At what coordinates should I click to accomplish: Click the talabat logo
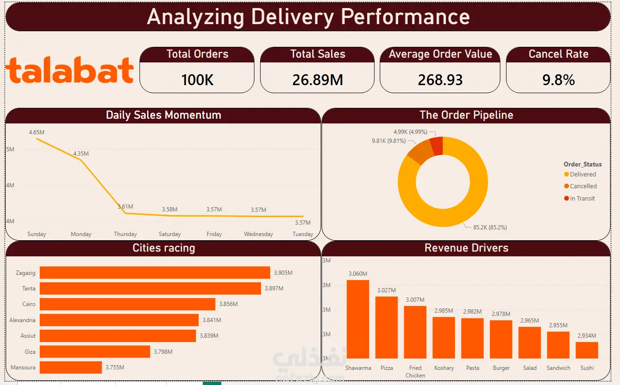(70, 70)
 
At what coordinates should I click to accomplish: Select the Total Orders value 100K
(197, 80)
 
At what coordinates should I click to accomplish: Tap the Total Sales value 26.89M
(318, 80)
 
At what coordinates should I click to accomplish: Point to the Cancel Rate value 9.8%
(559, 80)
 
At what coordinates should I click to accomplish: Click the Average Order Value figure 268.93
(440, 80)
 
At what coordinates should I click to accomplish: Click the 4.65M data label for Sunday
(36, 132)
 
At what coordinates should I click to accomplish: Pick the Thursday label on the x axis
(125, 234)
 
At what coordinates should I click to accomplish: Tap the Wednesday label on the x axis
(259, 234)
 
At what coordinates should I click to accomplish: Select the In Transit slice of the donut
(437, 146)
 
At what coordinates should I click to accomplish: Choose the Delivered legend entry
(580, 175)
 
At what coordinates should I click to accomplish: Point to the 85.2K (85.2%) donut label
(490, 227)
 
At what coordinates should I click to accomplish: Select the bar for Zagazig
(155, 272)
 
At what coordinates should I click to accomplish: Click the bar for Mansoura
(71, 367)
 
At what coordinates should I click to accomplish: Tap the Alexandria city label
(22, 320)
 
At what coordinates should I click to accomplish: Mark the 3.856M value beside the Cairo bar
(228, 304)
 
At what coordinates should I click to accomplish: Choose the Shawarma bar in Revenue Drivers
(358, 319)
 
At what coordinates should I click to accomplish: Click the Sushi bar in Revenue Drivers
(587, 350)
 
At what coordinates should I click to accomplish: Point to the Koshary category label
(444, 368)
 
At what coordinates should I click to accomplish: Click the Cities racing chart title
(164, 248)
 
